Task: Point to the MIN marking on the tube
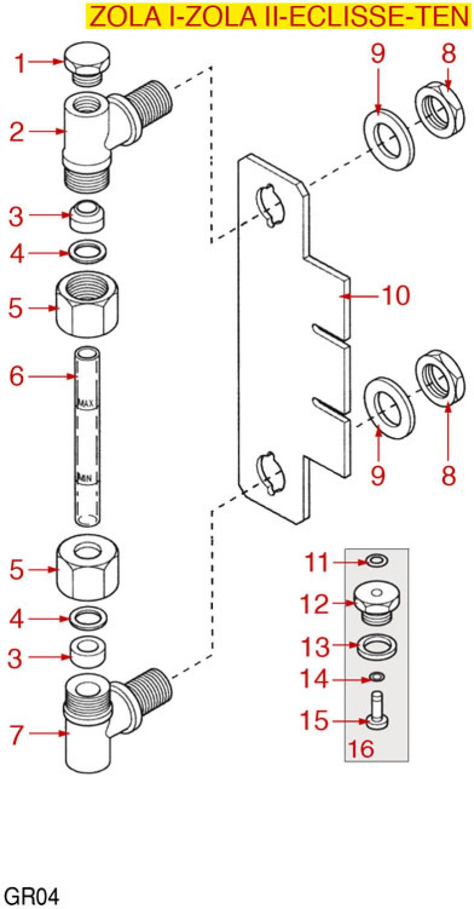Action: [84, 478]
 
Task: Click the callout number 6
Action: [16, 376]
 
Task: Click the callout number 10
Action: [395, 296]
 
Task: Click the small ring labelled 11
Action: [376, 562]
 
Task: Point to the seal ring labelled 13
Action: [376, 647]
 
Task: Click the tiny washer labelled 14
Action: [376, 676]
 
